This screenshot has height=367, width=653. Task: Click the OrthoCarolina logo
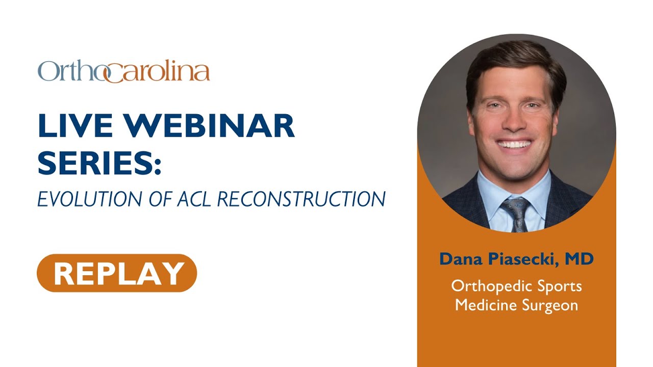pyautogui.click(x=123, y=72)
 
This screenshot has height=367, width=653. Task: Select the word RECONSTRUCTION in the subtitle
pyautogui.click(x=302, y=199)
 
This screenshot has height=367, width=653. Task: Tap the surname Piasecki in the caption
pyautogui.click(x=522, y=259)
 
